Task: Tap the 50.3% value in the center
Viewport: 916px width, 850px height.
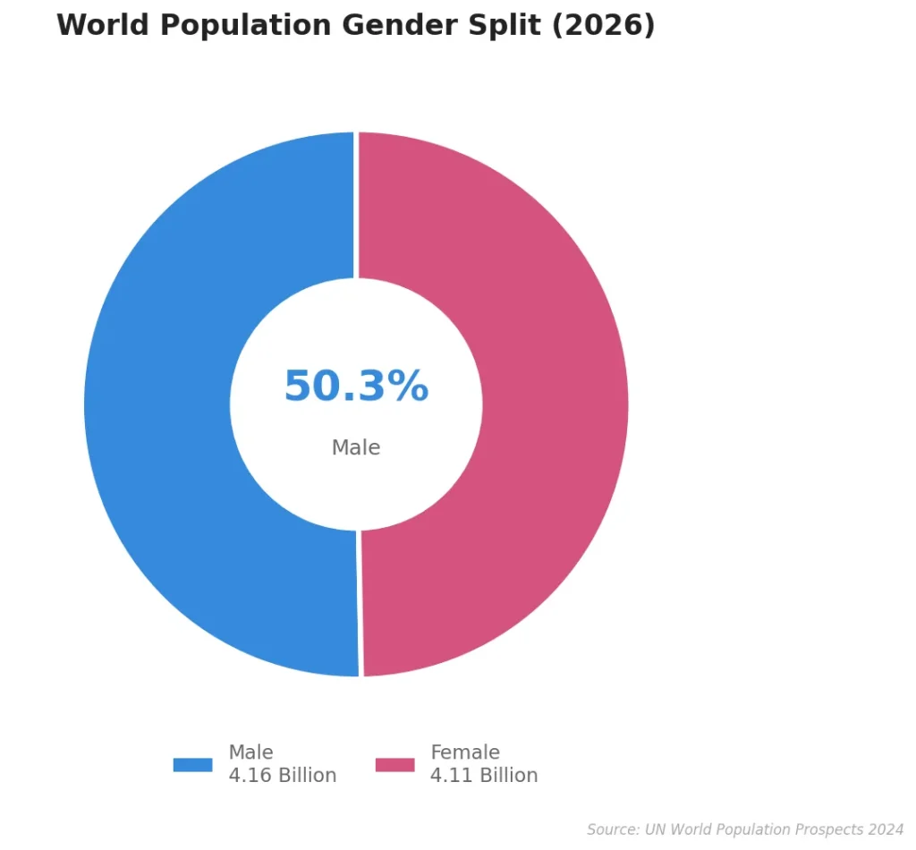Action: point(356,387)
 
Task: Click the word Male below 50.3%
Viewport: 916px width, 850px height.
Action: point(356,447)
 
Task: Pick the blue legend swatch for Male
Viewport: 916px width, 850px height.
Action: point(192,765)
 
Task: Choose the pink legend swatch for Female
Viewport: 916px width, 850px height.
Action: point(394,765)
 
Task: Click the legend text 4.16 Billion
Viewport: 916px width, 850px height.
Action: point(282,776)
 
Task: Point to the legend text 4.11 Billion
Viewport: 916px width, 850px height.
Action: point(484,776)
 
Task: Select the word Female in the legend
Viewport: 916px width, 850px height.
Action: point(465,752)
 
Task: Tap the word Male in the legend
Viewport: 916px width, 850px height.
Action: point(250,752)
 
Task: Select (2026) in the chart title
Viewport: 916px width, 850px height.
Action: point(603,25)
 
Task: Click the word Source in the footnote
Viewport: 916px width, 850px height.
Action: point(613,830)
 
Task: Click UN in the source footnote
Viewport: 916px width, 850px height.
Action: point(655,830)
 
